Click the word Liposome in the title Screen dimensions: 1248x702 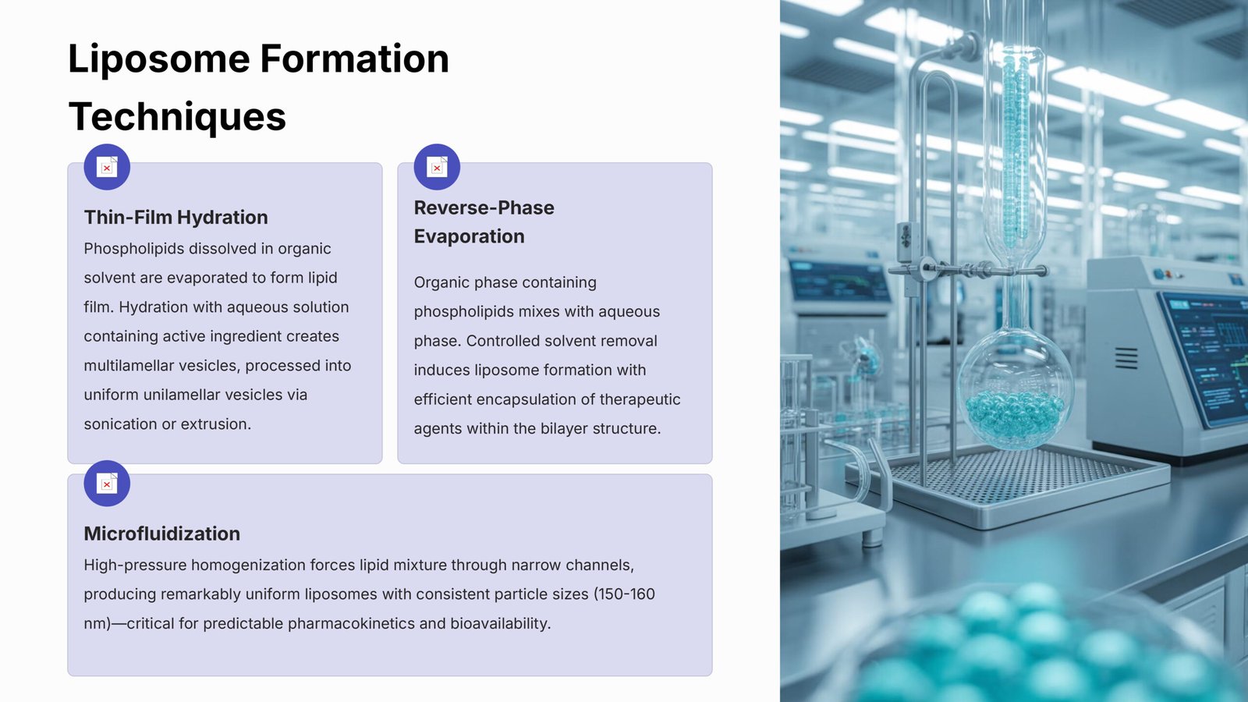click(159, 60)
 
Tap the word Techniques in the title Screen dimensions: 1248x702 click(177, 117)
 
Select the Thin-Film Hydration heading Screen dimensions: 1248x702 click(176, 218)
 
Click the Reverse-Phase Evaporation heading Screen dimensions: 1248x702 click(484, 222)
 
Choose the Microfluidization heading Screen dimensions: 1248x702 click(162, 534)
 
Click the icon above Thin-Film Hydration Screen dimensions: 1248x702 click(107, 167)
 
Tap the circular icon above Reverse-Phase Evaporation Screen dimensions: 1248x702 click(437, 167)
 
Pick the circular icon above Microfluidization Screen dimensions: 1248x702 click(107, 484)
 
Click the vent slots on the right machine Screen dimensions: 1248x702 click(1126, 358)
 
